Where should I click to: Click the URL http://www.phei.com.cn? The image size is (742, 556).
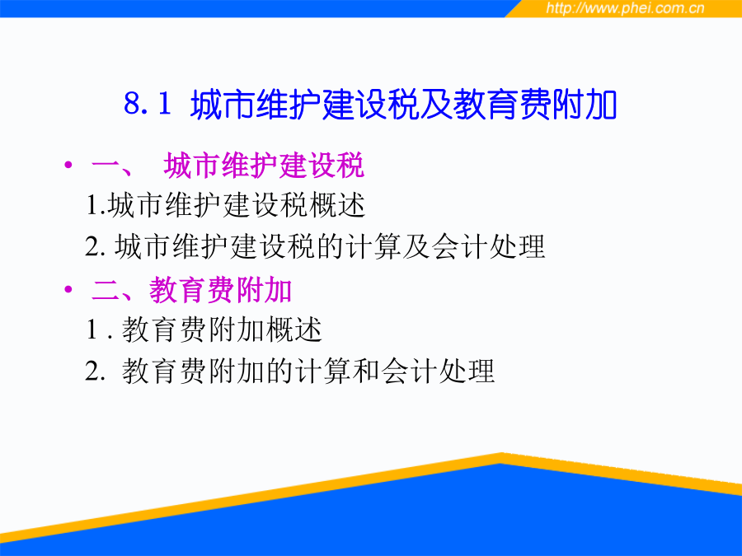(625, 8)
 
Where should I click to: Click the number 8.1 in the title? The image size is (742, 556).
(148, 103)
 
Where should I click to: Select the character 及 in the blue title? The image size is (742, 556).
(436, 104)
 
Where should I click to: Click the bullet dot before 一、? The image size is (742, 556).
(69, 165)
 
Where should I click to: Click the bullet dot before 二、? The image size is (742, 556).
(69, 288)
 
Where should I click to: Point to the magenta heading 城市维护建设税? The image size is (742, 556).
(264, 165)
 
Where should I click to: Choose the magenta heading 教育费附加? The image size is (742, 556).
(220, 289)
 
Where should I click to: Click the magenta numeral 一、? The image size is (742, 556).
(112, 166)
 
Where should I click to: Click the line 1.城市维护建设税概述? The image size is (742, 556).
(226, 205)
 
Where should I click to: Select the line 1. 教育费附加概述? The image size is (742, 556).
(204, 329)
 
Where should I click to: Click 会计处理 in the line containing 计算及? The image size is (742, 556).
(488, 246)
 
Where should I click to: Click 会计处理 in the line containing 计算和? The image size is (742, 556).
(439, 370)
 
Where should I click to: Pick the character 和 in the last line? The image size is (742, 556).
(367, 370)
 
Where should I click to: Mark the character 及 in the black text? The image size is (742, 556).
(417, 246)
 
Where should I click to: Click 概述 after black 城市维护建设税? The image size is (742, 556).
(336, 205)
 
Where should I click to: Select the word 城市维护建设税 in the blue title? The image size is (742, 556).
(305, 104)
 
